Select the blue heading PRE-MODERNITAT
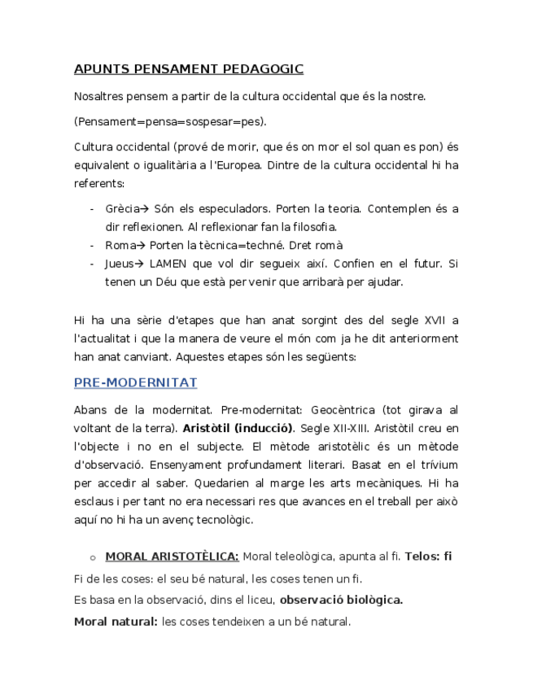click(x=135, y=382)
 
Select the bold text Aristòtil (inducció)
click(x=238, y=428)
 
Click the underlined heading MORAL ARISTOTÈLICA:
click(x=172, y=557)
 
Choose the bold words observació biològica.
click(x=341, y=600)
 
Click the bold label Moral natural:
click(x=116, y=622)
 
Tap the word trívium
click(x=439, y=465)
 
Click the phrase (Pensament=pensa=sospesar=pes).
click(x=169, y=122)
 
